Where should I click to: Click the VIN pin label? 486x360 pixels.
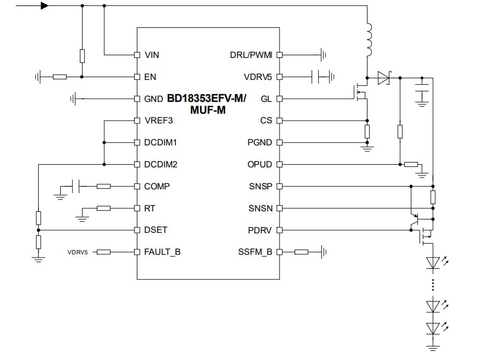[151, 55]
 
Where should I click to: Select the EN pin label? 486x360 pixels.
[150, 77]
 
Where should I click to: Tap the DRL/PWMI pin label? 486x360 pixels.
[251, 55]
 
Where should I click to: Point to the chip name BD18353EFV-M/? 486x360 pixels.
[207, 99]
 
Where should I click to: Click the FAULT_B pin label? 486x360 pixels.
[162, 252]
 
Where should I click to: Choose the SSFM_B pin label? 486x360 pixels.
[255, 252]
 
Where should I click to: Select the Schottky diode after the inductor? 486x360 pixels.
[383, 78]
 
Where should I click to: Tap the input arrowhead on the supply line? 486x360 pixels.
[45, 6]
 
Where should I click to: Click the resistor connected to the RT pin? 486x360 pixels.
[104, 208]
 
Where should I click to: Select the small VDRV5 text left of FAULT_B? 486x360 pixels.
[78, 252]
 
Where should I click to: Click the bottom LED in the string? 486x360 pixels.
[433, 327]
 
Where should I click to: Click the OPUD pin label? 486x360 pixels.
[260, 165]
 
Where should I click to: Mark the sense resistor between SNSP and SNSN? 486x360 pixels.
[433, 197]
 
